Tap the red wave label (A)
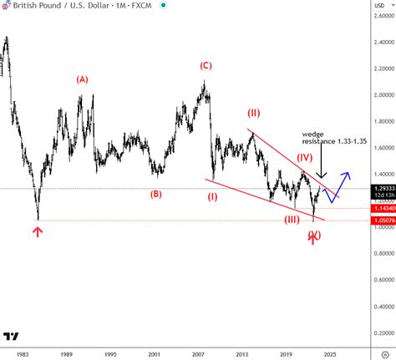[x=82, y=79]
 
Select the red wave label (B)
[x=155, y=195]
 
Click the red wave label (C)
[x=205, y=65]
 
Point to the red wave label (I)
[x=213, y=197]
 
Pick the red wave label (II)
[x=254, y=112]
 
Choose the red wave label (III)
[x=292, y=219]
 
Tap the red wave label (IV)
[x=305, y=156]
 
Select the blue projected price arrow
[x=343, y=184]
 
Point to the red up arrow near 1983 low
[x=37, y=231]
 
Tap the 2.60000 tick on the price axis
[x=378, y=16]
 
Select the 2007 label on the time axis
[x=198, y=354]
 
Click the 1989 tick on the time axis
[x=66, y=354]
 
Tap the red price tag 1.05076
[x=378, y=221]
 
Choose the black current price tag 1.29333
[x=378, y=190]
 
